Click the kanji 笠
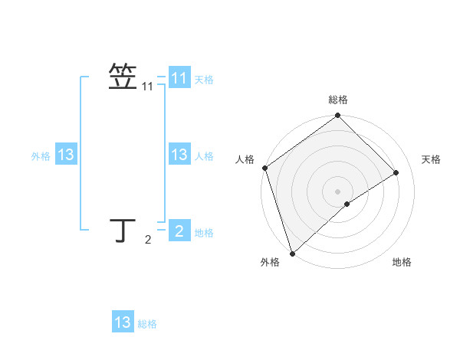point(123,77)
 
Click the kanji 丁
point(123,230)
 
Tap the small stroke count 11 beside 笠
point(148,87)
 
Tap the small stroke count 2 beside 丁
point(148,241)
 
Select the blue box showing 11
point(179,78)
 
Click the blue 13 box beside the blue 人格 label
point(179,155)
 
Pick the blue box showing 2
point(179,231)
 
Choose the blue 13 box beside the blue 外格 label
point(66,155)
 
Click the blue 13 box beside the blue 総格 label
point(123,322)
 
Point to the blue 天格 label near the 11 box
point(204,80)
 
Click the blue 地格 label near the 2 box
point(204,233)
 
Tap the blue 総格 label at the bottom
point(147,324)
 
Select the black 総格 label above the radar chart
point(338,100)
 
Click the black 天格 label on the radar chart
point(431,159)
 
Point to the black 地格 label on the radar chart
point(402,262)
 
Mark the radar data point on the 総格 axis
point(338,116)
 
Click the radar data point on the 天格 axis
point(396,172)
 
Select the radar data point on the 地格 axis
point(347,204)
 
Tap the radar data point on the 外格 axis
point(292,253)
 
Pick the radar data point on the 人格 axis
point(264,168)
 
